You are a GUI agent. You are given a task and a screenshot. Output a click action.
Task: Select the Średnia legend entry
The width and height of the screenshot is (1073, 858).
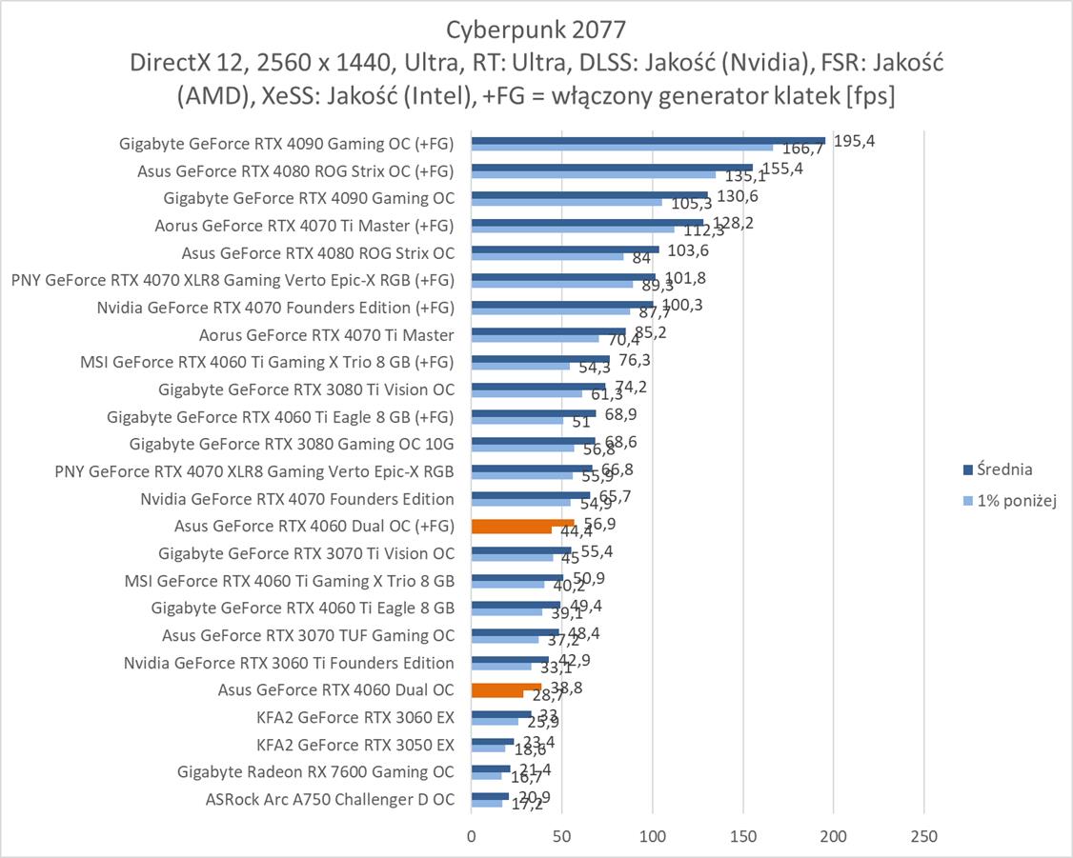click(x=997, y=469)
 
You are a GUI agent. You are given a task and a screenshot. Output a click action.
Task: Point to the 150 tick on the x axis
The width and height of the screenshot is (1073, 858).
click(x=743, y=836)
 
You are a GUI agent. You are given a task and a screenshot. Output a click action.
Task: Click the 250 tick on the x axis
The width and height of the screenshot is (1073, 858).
click(x=924, y=836)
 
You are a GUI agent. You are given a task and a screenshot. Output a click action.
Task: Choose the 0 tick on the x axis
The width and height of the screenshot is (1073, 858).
click(x=471, y=836)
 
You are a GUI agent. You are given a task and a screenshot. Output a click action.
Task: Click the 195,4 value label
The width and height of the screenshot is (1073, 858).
click(x=854, y=141)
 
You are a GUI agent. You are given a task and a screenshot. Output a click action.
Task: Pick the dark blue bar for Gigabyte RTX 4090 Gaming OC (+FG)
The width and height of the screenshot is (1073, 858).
click(x=648, y=140)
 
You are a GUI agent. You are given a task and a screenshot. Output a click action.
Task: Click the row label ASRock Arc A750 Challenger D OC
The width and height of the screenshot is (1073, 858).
click(x=330, y=799)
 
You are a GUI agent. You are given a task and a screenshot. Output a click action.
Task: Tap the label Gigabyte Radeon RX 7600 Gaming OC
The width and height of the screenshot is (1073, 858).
click(x=315, y=771)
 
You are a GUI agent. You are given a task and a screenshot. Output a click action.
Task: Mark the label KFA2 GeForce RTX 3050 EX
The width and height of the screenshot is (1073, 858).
click(x=355, y=745)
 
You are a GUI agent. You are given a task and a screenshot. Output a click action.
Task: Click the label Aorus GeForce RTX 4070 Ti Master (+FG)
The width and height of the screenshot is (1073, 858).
click(x=304, y=226)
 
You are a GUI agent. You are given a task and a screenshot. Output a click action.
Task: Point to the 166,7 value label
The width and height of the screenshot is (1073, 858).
click(x=803, y=149)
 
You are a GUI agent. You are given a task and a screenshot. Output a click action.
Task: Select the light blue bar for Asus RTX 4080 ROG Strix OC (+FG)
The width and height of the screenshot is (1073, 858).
click(x=593, y=174)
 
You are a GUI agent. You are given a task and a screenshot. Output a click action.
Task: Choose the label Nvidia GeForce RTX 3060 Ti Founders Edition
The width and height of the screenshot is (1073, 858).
click(x=289, y=663)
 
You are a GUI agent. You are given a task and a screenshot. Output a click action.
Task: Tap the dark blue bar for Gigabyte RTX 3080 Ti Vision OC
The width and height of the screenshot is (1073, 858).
click(x=537, y=387)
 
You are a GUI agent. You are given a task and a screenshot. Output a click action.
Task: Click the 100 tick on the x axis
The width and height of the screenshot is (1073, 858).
click(x=653, y=836)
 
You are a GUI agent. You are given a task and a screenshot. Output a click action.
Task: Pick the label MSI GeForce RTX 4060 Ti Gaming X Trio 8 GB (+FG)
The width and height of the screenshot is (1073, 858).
click(x=268, y=362)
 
